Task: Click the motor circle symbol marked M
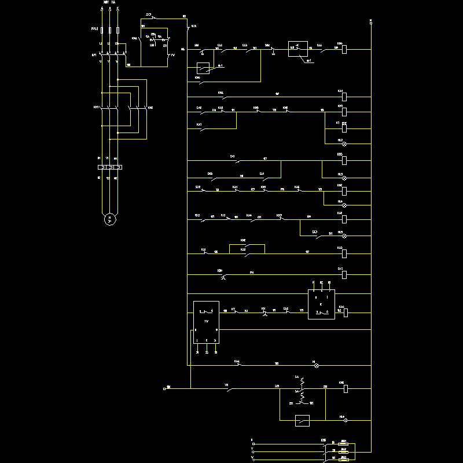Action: point(109,219)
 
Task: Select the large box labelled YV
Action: point(206,322)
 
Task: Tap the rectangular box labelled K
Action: point(321,304)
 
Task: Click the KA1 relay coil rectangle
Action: point(344,97)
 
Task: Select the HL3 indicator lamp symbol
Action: point(344,178)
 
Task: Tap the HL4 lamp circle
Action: point(344,205)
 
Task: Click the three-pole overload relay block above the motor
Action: point(109,168)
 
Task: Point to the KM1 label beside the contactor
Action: point(97,108)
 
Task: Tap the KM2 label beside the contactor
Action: point(150,108)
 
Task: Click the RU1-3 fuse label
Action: point(94,28)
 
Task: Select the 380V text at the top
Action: point(105,3)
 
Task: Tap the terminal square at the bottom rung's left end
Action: point(165,389)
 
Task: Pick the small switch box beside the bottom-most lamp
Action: point(302,421)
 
